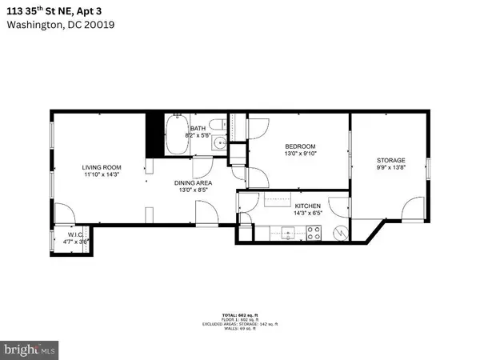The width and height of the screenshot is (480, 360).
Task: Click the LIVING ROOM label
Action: pyautogui.click(x=100, y=167)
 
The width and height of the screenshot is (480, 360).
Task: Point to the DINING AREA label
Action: pyautogui.click(x=193, y=183)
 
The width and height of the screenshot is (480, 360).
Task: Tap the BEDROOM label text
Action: pyautogui.click(x=301, y=146)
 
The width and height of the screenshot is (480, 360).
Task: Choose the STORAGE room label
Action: pyautogui.click(x=391, y=160)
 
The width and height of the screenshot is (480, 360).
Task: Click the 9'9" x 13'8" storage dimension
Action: pyautogui.click(x=391, y=168)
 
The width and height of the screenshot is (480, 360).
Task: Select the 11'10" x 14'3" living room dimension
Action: pyautogui.click(x=100, y=175)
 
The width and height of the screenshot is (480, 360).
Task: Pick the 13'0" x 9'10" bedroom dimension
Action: pyautogui.click(x=301, y=154)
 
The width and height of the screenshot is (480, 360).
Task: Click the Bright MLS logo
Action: pyautogui.click(x=30, y=350)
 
